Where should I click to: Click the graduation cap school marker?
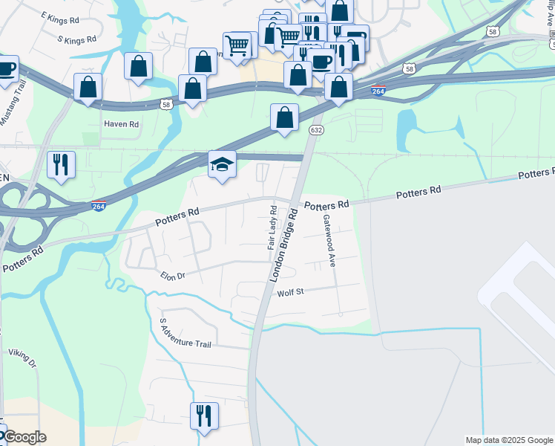pyautogui.click(x=222, y=164)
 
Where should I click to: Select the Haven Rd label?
pyautogui.click(x=121, y=124)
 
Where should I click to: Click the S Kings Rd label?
pyautogui.click(x=76, y=39)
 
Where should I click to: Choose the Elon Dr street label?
pyautogui.click(x=172, y=275)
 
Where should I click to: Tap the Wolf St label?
pyautogui.click(x=292, y=293)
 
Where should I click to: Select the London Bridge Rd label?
pyautogui.click(x=283, y=245)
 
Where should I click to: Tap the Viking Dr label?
pyautogui.click(x=22, y=358)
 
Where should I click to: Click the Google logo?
pyautogui.click(x=24, y=437)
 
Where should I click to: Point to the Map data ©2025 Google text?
pyautogui.click(x=509, y=440)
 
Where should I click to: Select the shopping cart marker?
pyautogui.click(x=237, y=46)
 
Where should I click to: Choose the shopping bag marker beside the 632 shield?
pyautogui.click(x=284, y=117)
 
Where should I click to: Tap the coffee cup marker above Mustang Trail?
pyautogui.click(x=6, y=68)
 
